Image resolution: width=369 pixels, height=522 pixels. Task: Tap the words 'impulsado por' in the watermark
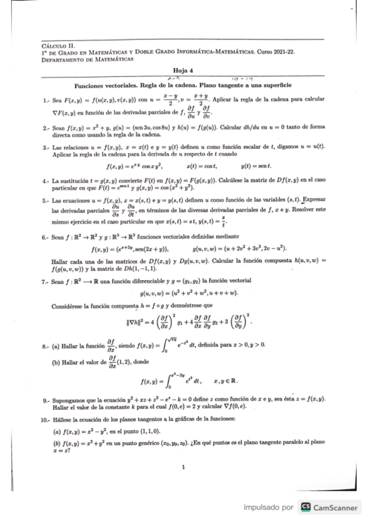[267, 508]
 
